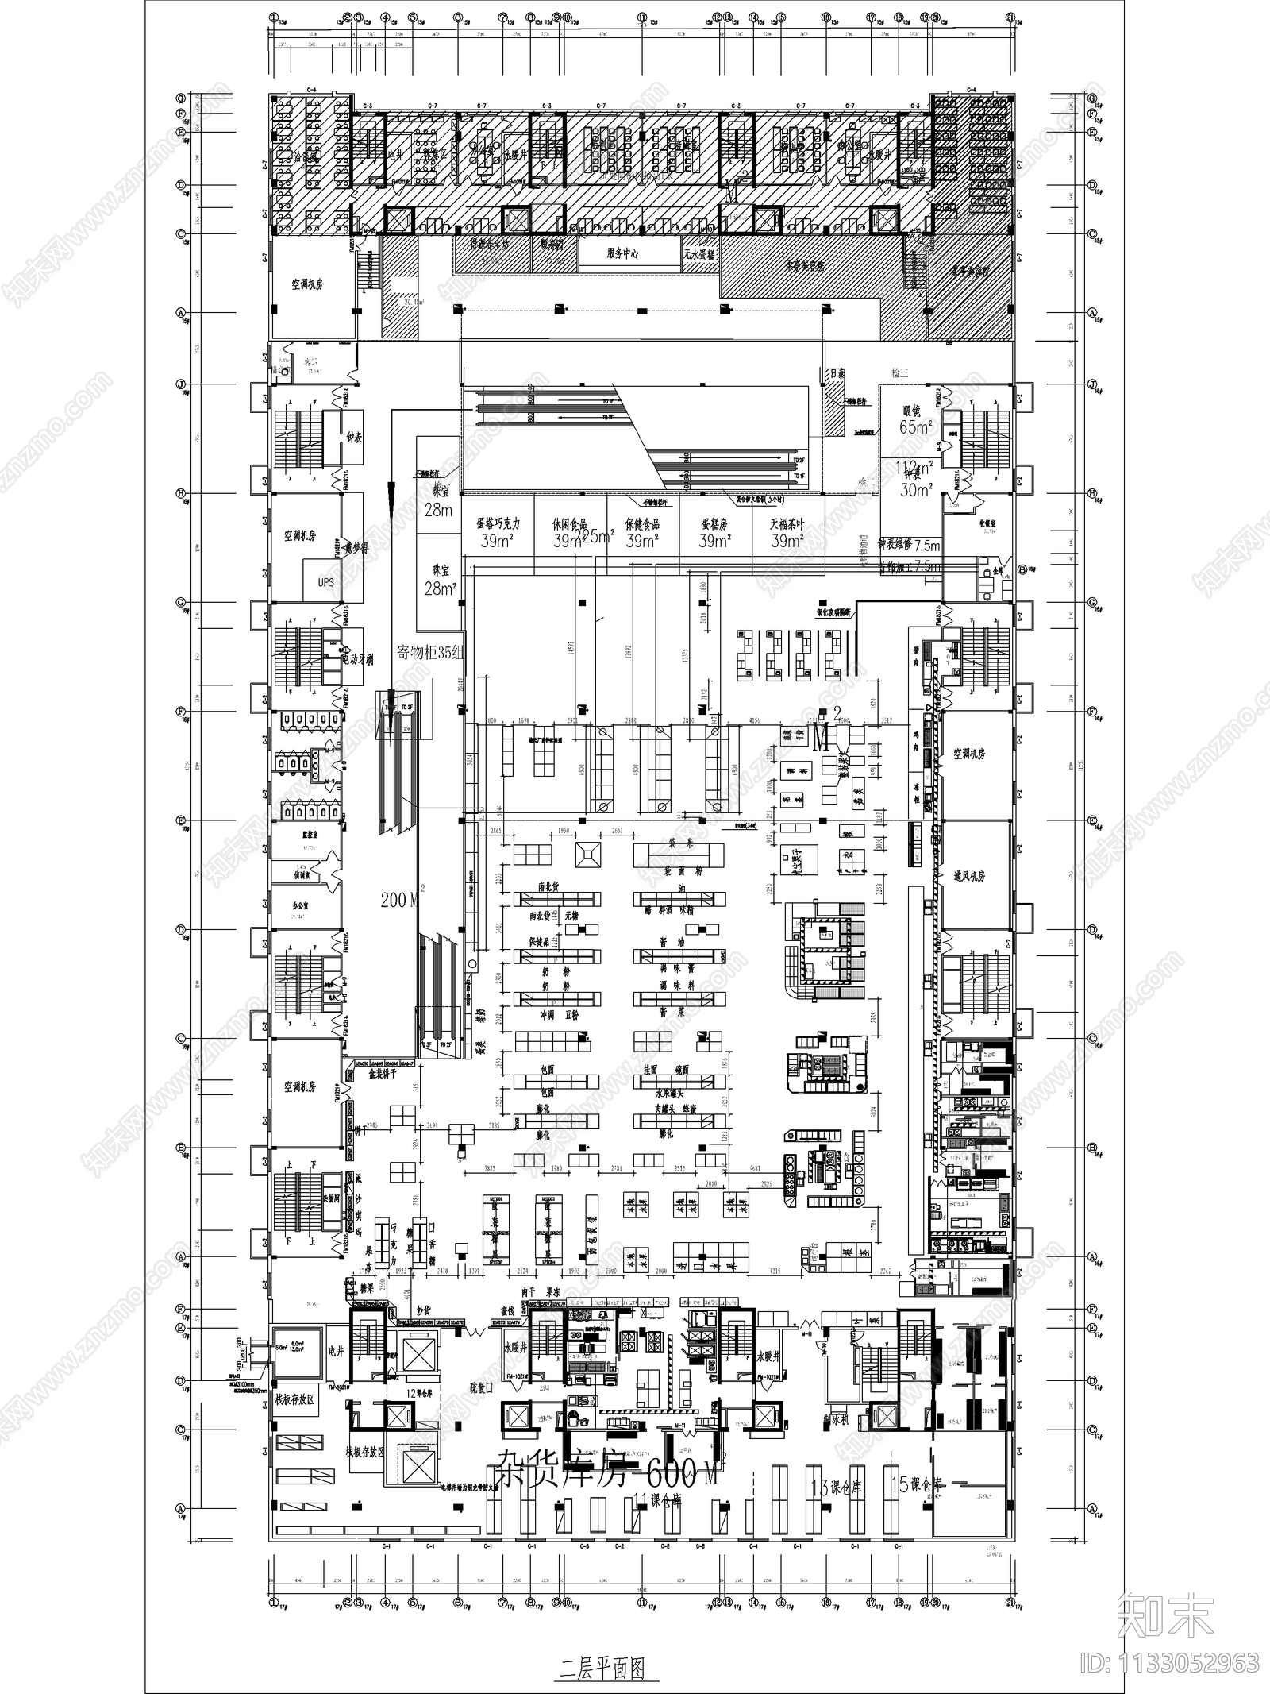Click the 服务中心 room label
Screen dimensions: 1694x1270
coord(622,254)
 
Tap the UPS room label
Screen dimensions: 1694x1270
coord(325,582)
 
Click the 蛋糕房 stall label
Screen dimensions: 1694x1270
coord(714,525)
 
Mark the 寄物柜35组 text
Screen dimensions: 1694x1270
coord(429,653)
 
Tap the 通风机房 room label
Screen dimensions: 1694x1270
coord(969,876)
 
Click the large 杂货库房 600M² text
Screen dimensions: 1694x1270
coord(607,1475)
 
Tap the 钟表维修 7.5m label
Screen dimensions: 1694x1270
coord(909,546)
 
